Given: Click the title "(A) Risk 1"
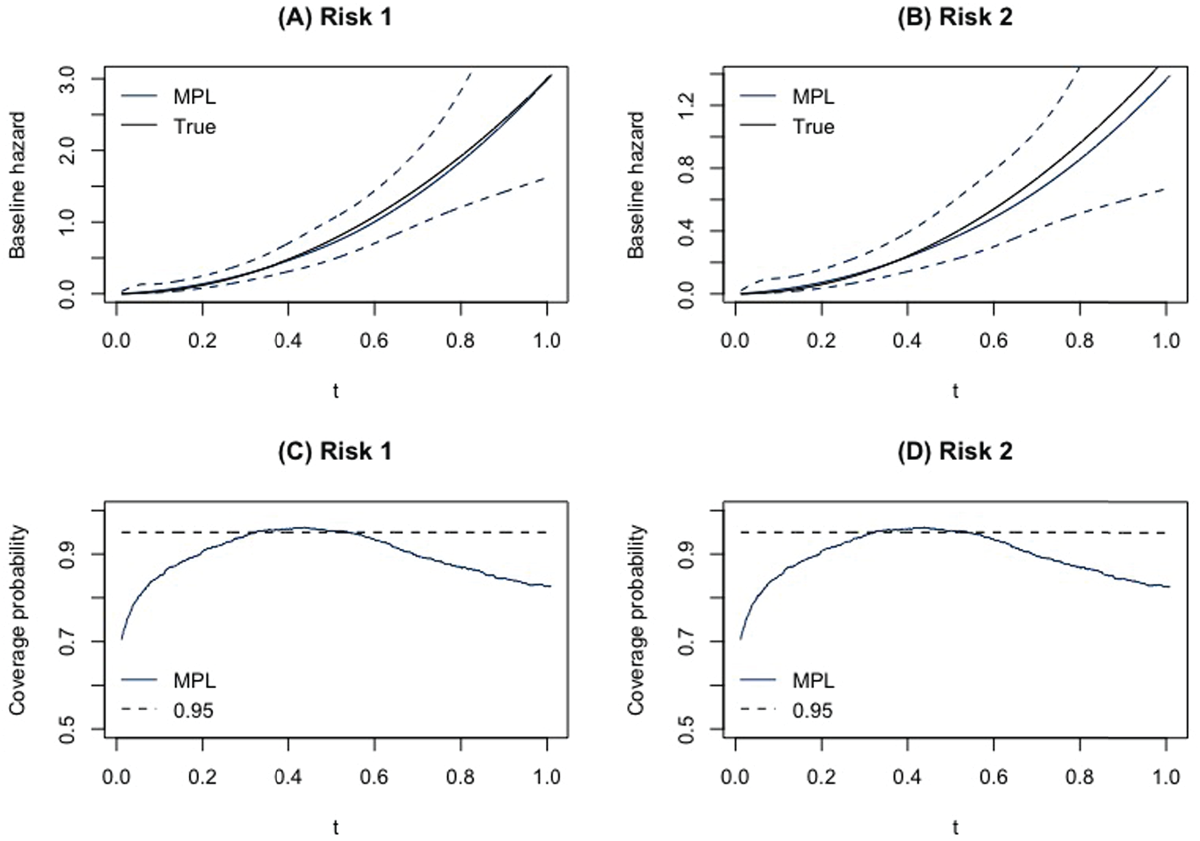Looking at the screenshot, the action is point(335,17).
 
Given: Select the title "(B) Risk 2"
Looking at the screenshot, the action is point(955,17).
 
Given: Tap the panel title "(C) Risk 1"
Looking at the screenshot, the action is point(335,452).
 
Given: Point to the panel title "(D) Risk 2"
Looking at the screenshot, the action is point(955,452).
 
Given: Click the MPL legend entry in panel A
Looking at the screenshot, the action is point(169,97).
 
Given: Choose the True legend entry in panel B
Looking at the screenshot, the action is point(788,126).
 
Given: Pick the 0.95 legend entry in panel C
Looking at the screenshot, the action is point(168,711).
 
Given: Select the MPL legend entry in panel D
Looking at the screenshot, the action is point(788,680).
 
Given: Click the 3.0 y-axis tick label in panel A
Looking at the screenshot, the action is point(67,79).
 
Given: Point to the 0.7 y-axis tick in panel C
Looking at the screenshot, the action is point(67,641).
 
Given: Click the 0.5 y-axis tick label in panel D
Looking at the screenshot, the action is point(686,729).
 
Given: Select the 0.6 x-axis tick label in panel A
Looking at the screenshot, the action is point(374,341).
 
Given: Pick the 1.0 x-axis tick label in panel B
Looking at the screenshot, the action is point(1166,341).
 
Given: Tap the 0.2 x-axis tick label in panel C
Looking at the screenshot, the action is point(202,776).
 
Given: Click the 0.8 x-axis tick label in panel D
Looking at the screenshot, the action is point(1079,776).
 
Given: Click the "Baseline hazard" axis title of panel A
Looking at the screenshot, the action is point(18,185).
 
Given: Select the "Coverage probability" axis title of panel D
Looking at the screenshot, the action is point(637,620).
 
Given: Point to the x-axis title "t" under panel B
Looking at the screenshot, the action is point(955,391).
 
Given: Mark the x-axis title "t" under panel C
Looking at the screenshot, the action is point(336,827).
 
